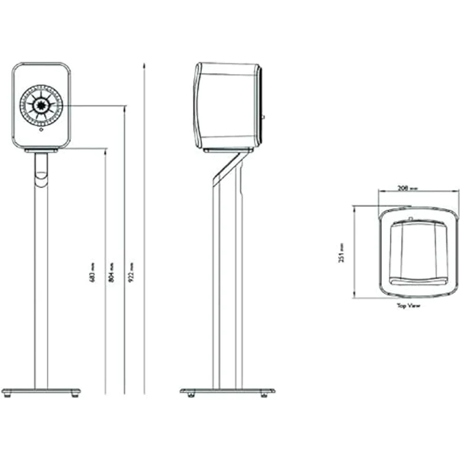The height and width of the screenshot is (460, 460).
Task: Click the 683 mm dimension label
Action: pyautogui.click(x=92, y=272)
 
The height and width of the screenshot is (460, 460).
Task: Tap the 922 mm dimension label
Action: pyautogui.click(x=131, y=272)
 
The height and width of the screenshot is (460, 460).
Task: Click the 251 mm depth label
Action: pyautogui.click(x=341, y=252)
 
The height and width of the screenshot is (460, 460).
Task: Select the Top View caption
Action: pyautogui.click(x=409, y=307)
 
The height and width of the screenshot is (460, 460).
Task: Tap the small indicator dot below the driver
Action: pyautogui.click(x=41, y=131)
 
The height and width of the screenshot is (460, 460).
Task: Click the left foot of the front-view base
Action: pyautogui.click(x=7, y=395)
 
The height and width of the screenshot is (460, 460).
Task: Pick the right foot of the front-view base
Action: pyautogui.click(x=76, y=395)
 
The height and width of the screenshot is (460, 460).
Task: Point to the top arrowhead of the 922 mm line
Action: pyautogui.click(x=144, y=64)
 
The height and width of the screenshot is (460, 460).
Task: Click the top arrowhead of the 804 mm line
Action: pyautogui.click(x=125, y=108)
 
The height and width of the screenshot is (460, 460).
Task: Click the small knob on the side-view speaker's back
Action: pyautogui.click(x=262, y=116)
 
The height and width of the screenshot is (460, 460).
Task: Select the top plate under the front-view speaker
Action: pyautogui.click(x=41, y=151)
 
